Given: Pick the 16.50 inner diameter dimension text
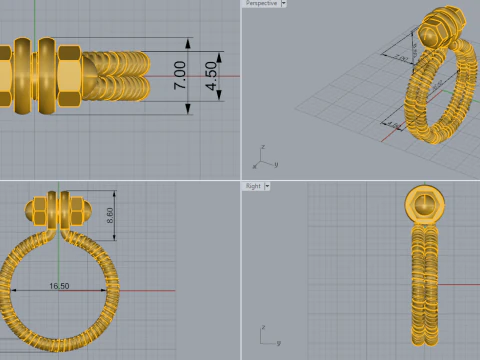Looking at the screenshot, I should click(x=60, y=285).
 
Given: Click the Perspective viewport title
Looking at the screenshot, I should click(x=261, y=4).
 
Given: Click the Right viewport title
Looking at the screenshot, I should click(x=253, y=186).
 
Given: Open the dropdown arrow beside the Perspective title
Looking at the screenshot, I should click(x=284, y=4).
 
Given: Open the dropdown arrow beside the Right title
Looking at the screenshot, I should click(x=268, y=186).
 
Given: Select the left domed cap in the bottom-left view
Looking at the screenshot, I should click(x=29, y=210).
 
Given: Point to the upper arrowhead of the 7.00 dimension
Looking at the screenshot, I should click(x=189, y=42).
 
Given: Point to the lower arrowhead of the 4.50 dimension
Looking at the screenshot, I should click(x=218, y=98).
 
